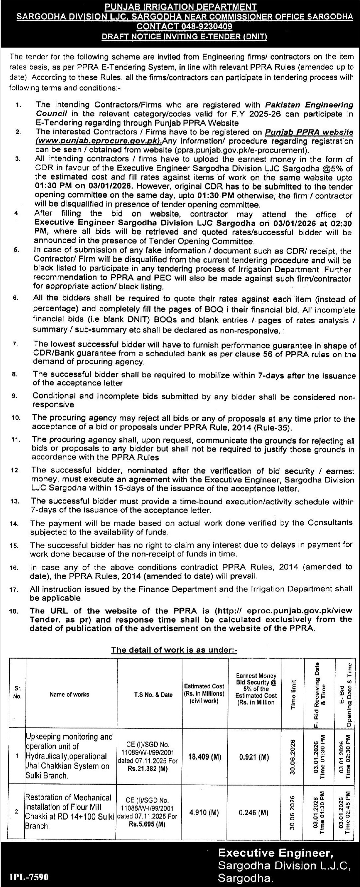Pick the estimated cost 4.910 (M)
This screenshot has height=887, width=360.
[x=204, y=812]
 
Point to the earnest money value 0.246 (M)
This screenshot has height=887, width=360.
[x=254, y=812]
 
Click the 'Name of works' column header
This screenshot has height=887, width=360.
[x=69, y=694]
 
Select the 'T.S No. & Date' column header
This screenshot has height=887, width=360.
[x=153, y=694]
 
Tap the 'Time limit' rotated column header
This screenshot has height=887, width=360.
[x=294, y=694]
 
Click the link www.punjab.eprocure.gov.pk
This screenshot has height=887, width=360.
[x=99, y=141]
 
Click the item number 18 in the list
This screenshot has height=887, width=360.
[x=13, y=612]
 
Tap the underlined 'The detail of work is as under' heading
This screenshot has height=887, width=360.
[x=174, y=650]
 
